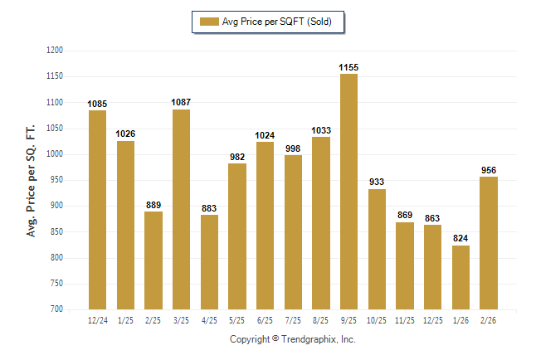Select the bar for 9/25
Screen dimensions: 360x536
(348, 191)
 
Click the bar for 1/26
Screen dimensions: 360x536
(460, 277)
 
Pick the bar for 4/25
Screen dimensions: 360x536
(209, 261)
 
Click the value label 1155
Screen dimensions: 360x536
(348, 66)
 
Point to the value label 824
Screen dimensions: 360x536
(460, 238)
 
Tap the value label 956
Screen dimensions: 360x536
(489, 170)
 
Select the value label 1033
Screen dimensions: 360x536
(321, 130)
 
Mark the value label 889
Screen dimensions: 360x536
(153, 205)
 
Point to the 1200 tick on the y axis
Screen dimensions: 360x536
(55, 51)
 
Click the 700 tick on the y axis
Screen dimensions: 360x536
(57, 309)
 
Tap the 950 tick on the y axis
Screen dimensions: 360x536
(57, 180)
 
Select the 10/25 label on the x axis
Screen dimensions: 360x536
(377, 319)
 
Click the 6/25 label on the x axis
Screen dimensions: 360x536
(265, 319)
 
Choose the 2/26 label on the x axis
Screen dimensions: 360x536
(489, 319)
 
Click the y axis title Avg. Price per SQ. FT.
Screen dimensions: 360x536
(32, 180)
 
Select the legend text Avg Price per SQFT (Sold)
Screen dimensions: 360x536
(276, 22)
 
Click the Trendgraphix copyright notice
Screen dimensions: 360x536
(292, 339)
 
